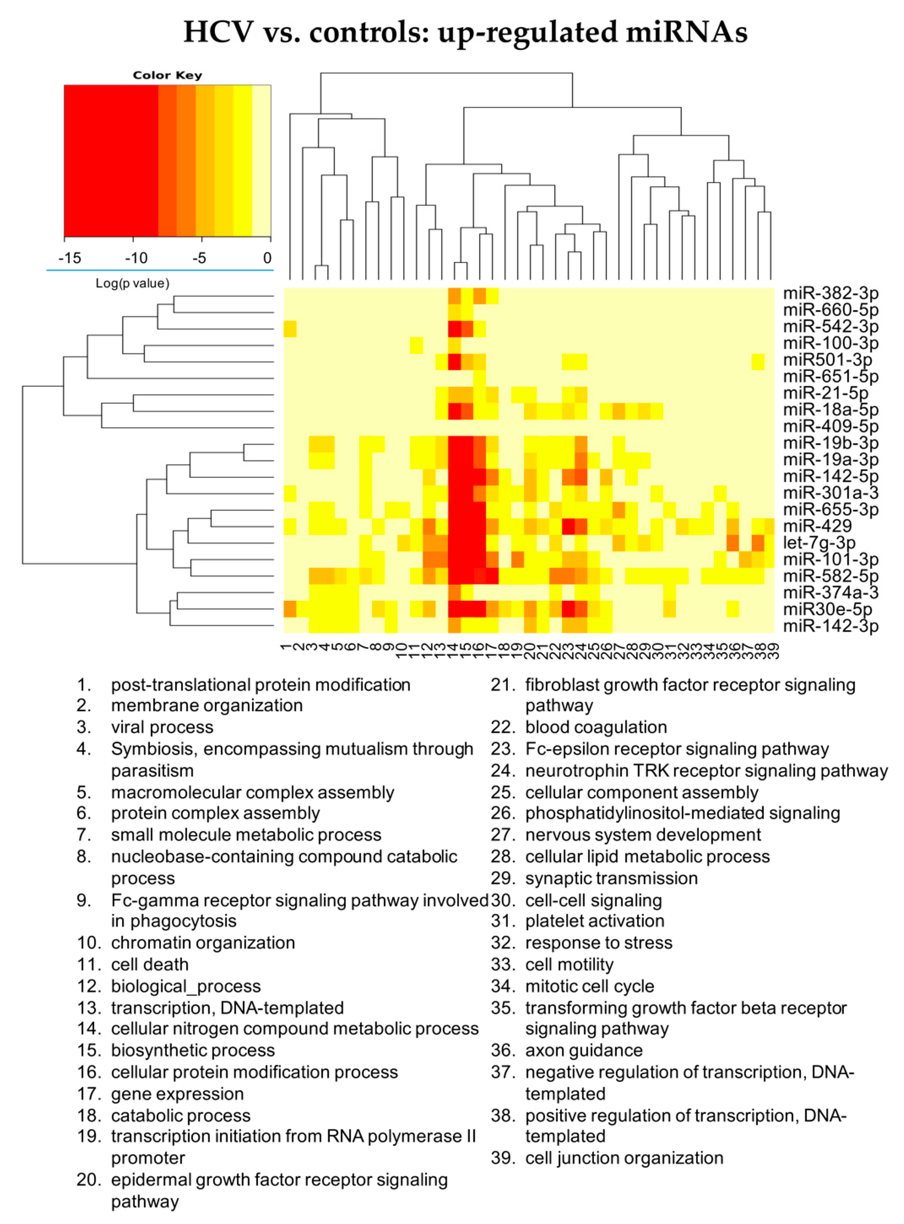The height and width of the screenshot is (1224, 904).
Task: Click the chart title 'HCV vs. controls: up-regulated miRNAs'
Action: coord(465,32)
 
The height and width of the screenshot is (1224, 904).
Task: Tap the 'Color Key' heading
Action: coord(168,76)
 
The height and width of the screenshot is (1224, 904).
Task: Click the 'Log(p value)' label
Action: coord(133,283)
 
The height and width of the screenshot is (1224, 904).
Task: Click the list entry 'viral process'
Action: coord(162,727)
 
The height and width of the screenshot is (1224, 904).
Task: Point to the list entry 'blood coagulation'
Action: coord(596,727)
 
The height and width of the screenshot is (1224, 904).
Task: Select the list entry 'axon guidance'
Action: coord(584,1050)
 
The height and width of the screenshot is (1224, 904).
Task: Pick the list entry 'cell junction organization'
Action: coord(624,1158)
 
